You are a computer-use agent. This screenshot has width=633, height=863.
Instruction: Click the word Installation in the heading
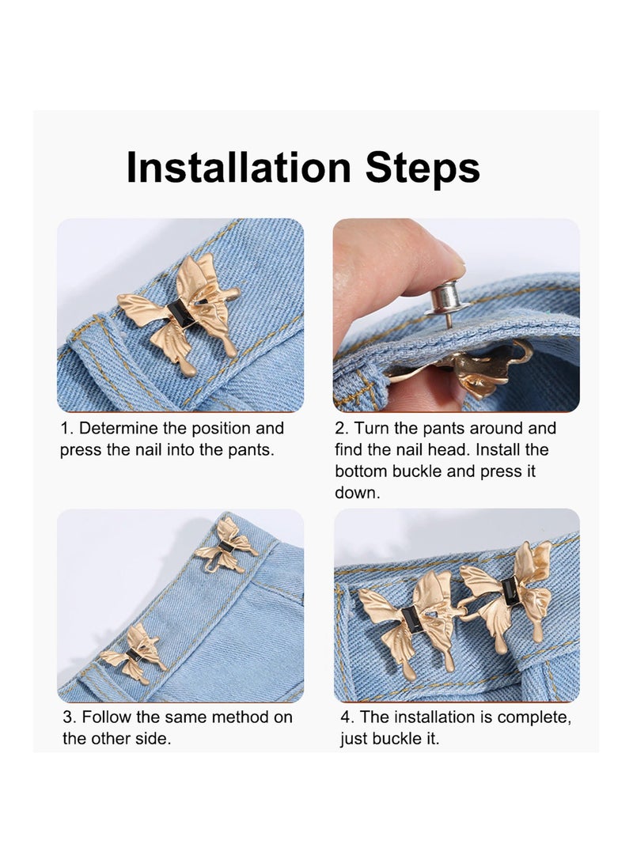click(238, 168)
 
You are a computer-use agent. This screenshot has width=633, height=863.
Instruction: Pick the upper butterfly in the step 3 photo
click(226, 544)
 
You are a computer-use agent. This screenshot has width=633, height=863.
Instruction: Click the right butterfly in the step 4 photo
click(508, 589)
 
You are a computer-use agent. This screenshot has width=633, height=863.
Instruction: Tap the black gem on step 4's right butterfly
click(511, 591)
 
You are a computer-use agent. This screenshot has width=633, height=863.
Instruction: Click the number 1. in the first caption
click(67, 429)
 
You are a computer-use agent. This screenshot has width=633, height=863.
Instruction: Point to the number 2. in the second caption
click(342, 429)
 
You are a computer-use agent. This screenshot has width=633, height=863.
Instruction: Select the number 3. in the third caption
click(70, 717)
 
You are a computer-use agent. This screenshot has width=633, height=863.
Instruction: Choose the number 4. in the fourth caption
click(347, 717)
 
